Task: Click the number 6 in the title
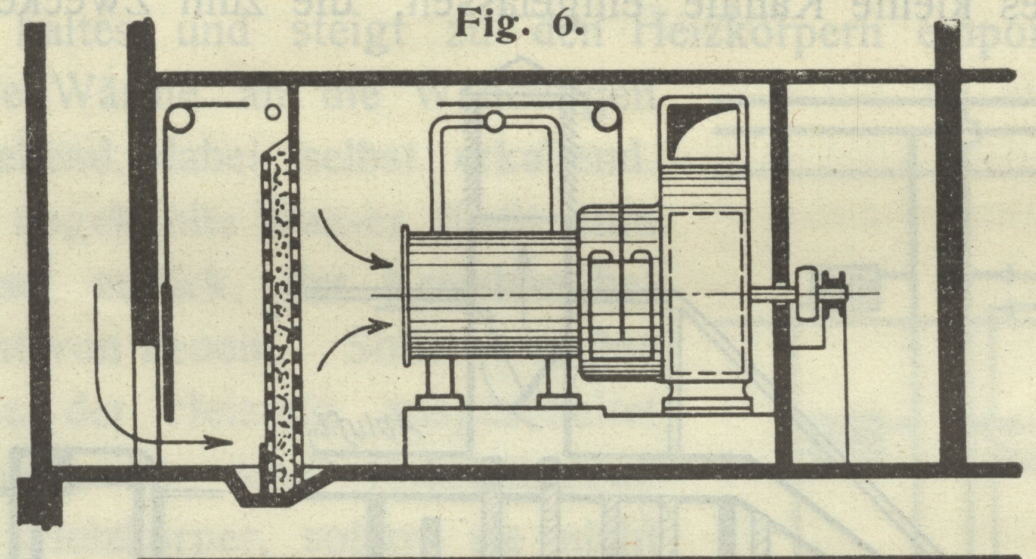(x=566, y=24)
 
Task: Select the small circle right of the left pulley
(x=272, y=112)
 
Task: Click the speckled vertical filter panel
(x=281, y=310)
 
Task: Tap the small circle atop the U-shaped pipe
(x=494, y=122)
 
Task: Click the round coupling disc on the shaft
(x=806, y=292)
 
